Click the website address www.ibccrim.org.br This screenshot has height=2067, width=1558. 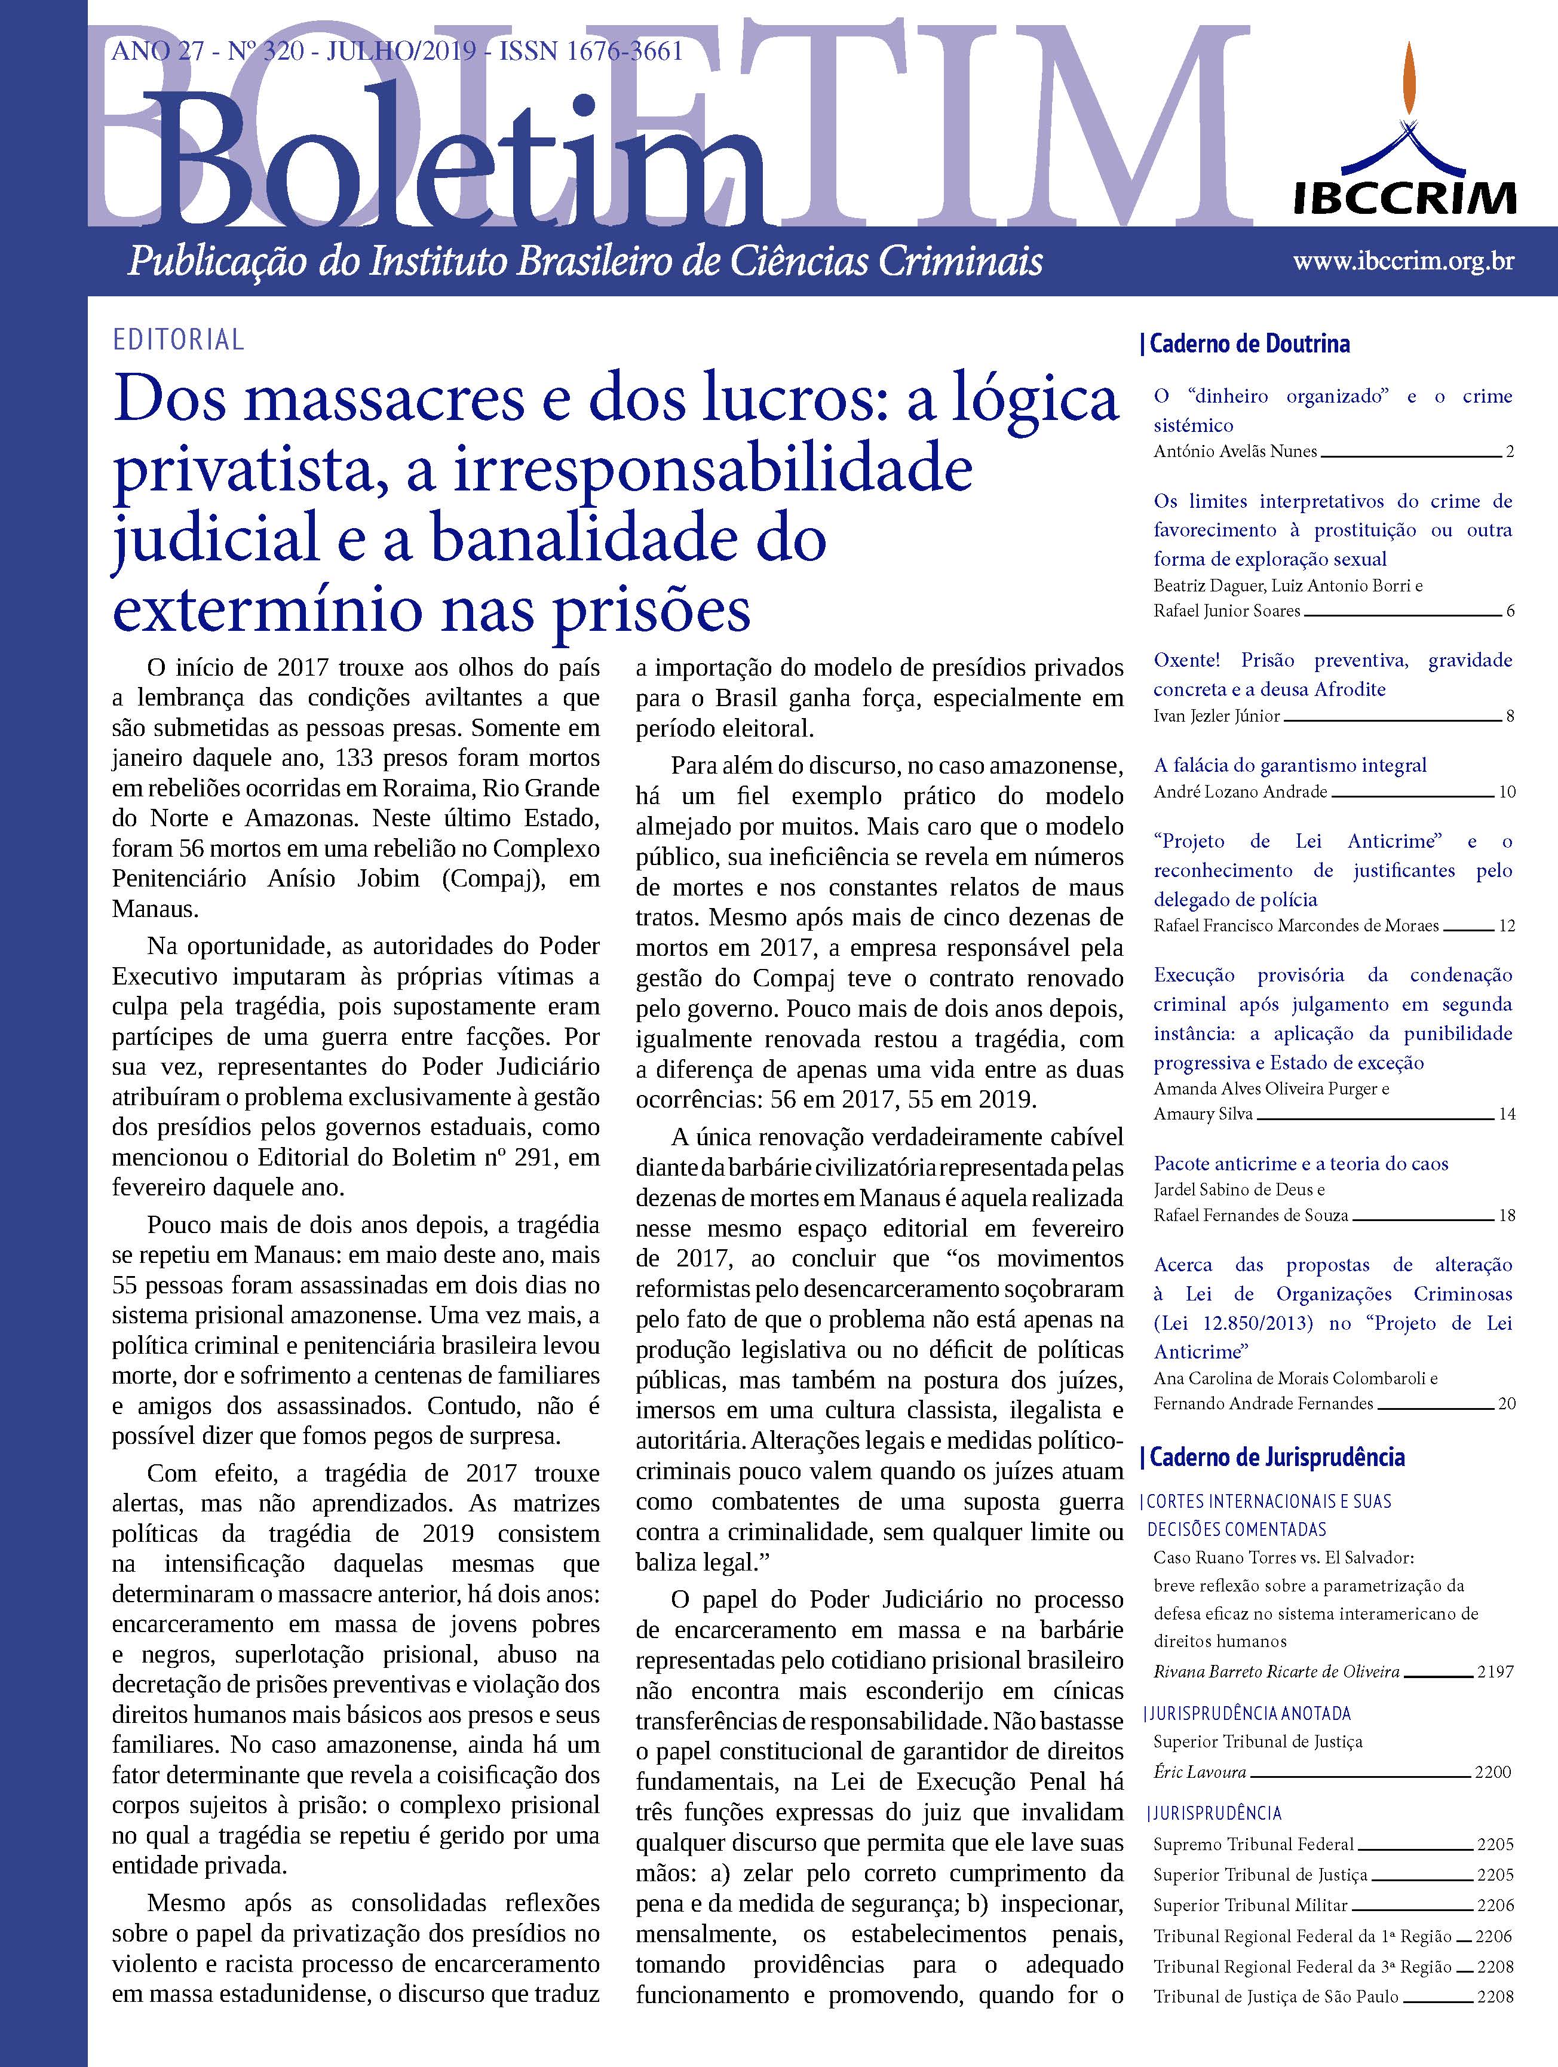point(1403,262)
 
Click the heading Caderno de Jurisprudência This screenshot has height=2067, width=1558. point(1276,1457)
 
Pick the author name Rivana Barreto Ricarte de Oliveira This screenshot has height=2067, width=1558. point(1276,1672)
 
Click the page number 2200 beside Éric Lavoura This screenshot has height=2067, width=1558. point(1492,1772)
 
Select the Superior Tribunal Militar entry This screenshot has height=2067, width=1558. point(1250,1879)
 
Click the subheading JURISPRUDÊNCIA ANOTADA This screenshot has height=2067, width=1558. point(1235,1714)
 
